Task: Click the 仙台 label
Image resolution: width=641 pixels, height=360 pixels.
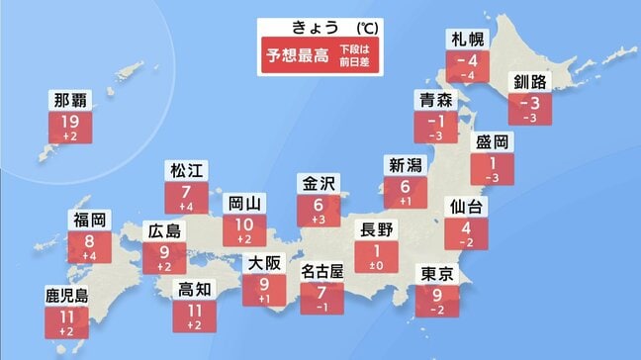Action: tap(465, 207)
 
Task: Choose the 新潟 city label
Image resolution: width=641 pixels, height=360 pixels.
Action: tap(404, 165)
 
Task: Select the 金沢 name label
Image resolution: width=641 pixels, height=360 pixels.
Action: tap(318, 184)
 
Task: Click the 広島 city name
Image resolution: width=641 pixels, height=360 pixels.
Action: tap(162, 230)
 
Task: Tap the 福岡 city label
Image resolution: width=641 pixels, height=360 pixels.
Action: tap(88, 220)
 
